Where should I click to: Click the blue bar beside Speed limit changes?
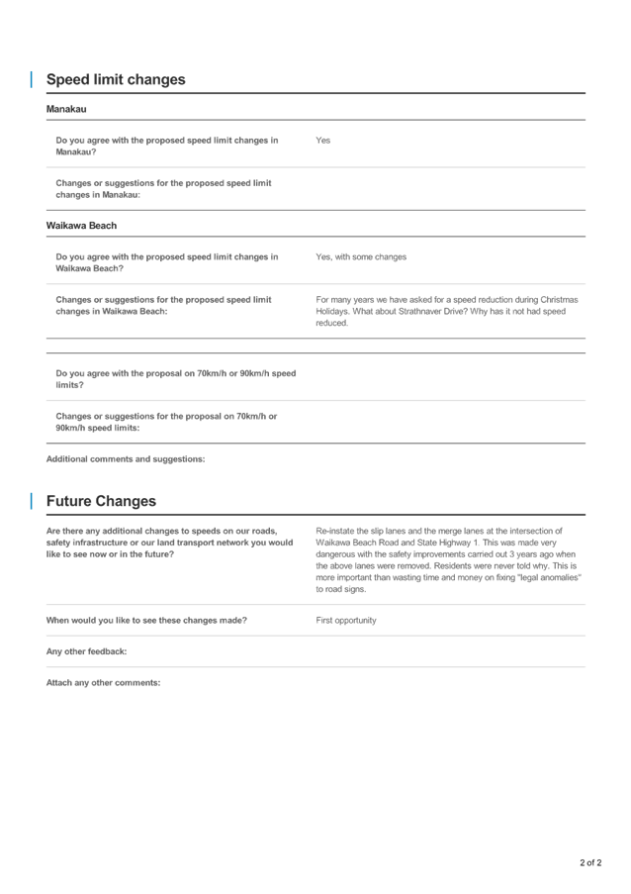click(x=32, y=80)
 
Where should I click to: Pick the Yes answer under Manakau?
click(x=322, y=141)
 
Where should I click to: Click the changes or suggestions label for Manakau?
click(x=163, y=188)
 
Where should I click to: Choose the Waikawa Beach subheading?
click(x=81, y=226)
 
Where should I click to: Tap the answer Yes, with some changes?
click(x=361, y=257)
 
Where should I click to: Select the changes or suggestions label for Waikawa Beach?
click(x=163, y=305)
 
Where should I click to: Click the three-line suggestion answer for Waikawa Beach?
click(x=446, y=311)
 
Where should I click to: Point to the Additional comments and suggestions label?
click(x=126, y=459)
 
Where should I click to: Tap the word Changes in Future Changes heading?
click(x=130, y=502)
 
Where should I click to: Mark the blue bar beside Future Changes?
click(x=32, y=502)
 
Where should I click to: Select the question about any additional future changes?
click(x=169, y=543)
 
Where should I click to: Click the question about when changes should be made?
click(x=146, y=621)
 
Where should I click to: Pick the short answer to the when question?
click(x=345, y=621)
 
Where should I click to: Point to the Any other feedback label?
click(x=86, y=652)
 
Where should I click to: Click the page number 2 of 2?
click(x=589, y=863)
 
